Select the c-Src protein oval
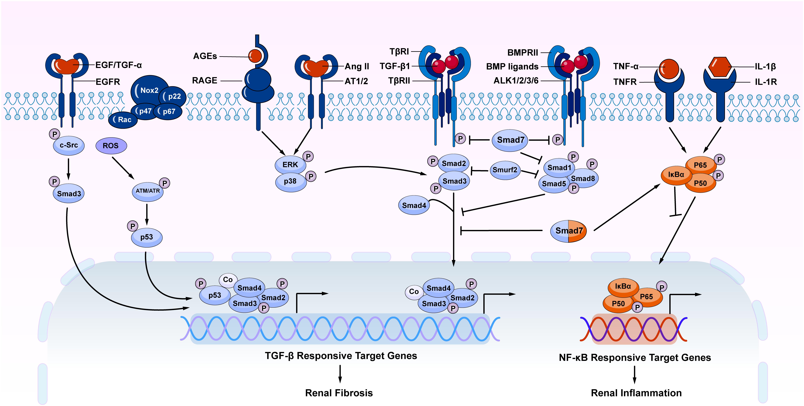click(69, 145)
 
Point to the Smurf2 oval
click(505, 170)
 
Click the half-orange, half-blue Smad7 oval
click(568, 231)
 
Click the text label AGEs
click(205, 56)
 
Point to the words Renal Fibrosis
click(339, 393)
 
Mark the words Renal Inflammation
click(636, 393)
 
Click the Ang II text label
click(357, 67)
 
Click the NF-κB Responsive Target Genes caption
click(635, 358)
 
